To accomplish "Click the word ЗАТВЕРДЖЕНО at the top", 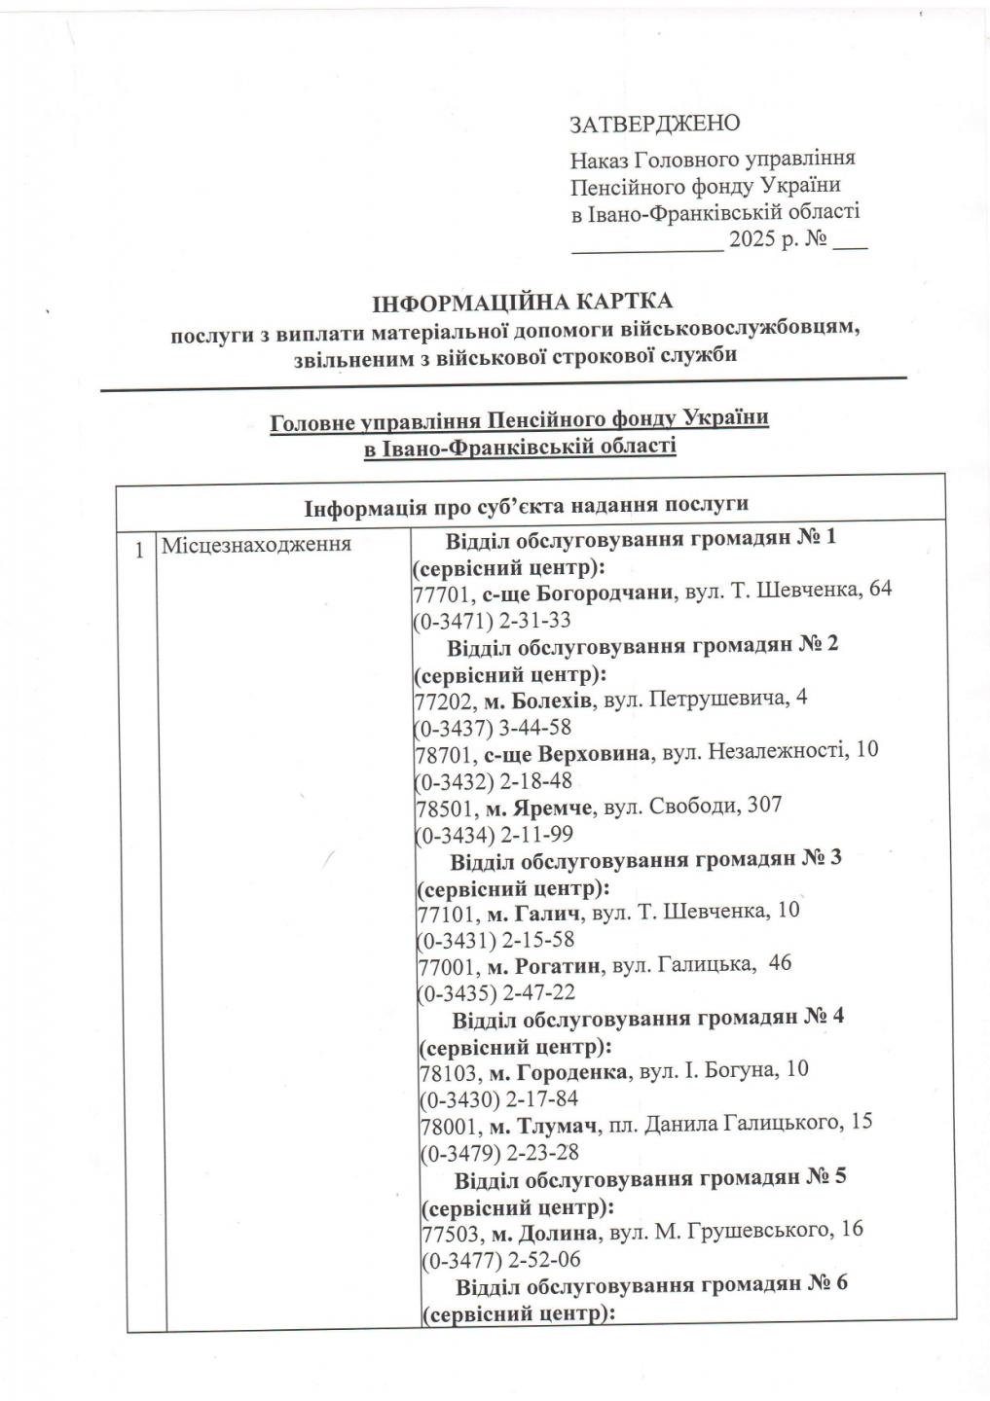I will [654, 124].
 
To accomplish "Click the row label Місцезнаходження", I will [256, 543].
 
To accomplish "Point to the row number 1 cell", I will [140, 549].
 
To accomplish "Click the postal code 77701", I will [445, 592].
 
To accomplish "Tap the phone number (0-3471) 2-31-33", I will [493, 620].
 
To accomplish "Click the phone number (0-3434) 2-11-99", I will [495, 835].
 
